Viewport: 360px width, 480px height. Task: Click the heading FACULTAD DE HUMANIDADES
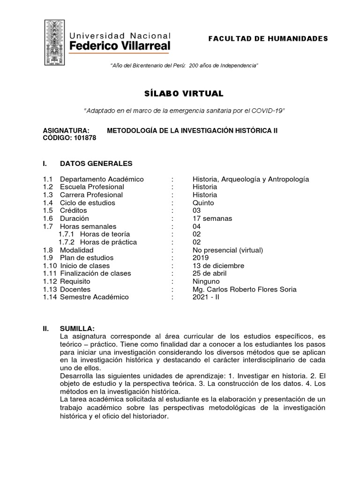click(x=268, y=38)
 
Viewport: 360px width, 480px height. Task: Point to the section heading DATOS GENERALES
click(x=96, y=163)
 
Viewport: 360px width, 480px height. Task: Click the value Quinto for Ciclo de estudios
click(x=203, y=203)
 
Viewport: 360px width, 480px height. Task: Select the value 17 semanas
click(x=212, y=218)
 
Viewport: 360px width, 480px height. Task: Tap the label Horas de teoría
click(x=105, y=234)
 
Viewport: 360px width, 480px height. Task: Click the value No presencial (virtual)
click(x=227, y=250)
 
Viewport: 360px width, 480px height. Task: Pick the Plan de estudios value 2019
click(x=200, y=258)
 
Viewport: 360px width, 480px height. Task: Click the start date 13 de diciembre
click(x=218, y=266)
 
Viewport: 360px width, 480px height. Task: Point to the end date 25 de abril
click(x=209, y=273)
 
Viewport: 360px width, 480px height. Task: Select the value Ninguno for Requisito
click(x=206, y=281)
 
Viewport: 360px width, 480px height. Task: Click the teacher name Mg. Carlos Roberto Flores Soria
click(x=244, y=289)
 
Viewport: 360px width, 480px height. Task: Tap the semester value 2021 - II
click(x=206, y=297)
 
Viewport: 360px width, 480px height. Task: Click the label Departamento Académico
click(x=102, y=180)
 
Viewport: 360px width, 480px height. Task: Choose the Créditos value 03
click(x=196, y=211)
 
